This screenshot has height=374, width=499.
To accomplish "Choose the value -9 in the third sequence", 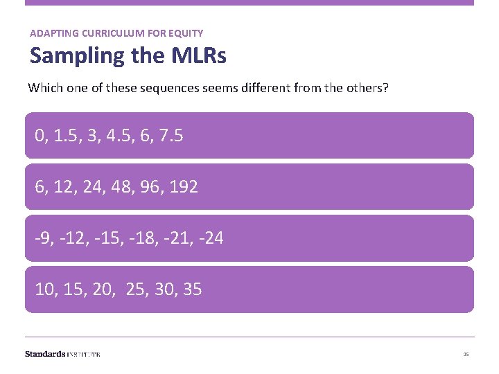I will [x=43, y=238].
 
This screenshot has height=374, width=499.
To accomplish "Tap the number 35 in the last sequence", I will [x=192, y=290].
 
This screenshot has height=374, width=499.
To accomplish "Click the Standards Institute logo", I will [x=62, y=354].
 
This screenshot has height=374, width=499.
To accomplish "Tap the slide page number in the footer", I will [x=466, y=355].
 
